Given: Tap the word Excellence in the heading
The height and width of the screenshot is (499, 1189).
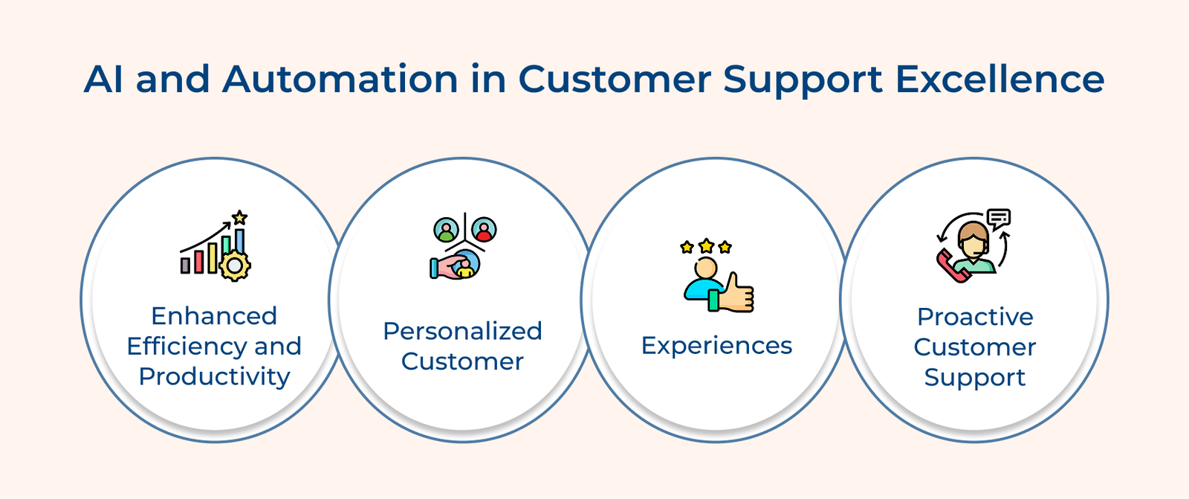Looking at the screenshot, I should coord(1000,80).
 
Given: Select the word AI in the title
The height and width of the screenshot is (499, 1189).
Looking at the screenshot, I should coord(103,80).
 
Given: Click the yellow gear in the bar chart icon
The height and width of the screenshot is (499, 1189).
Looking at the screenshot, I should coord(236,265).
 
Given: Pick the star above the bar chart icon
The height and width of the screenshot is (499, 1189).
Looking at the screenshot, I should coord(239,218).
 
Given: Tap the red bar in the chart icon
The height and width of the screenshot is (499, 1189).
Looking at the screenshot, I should coord(198,261).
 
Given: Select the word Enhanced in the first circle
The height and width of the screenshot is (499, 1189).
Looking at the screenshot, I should coord(214,316).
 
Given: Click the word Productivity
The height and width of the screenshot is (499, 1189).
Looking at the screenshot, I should coord(214,376).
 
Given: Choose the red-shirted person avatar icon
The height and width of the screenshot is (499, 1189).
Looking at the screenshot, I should coord(484,230).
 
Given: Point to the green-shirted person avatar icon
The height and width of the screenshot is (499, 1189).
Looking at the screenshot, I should coord(447,230).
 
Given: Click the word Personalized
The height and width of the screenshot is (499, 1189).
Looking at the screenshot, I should coord(462,331).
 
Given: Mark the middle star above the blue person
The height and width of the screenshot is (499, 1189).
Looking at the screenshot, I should coord(706,245).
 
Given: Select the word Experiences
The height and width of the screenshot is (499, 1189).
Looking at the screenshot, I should coord(716,346).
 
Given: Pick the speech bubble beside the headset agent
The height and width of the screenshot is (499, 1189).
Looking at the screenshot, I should coord(1000,218).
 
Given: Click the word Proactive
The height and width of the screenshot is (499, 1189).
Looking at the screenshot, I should coord(975,317).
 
